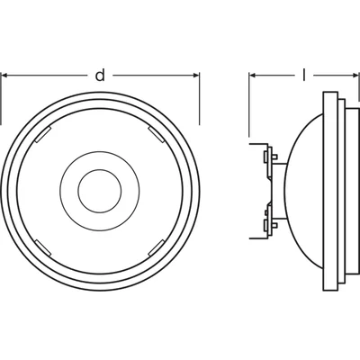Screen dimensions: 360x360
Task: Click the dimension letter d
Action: (100, 76)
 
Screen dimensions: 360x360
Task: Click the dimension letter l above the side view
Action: (304, 75)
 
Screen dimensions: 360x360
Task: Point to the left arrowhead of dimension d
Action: (5, 76)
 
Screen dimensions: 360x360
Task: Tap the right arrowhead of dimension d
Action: (195, 76)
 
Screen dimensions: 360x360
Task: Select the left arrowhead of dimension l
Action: (253, 76)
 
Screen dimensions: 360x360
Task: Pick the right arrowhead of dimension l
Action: (355, 76)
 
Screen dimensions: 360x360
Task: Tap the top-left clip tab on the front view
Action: (43, 134)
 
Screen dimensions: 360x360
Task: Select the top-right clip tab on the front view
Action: (156, 134)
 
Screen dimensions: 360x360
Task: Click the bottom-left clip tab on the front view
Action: (43, 247)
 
